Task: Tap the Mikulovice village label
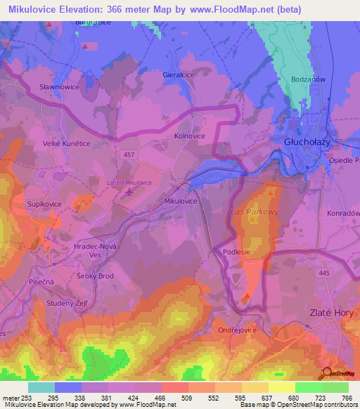tap(181, 201)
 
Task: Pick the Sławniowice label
tap(56, 88)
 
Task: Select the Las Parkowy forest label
tap(255, 210)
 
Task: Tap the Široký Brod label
tap(95, 276)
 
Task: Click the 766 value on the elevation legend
tap(347, 398)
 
